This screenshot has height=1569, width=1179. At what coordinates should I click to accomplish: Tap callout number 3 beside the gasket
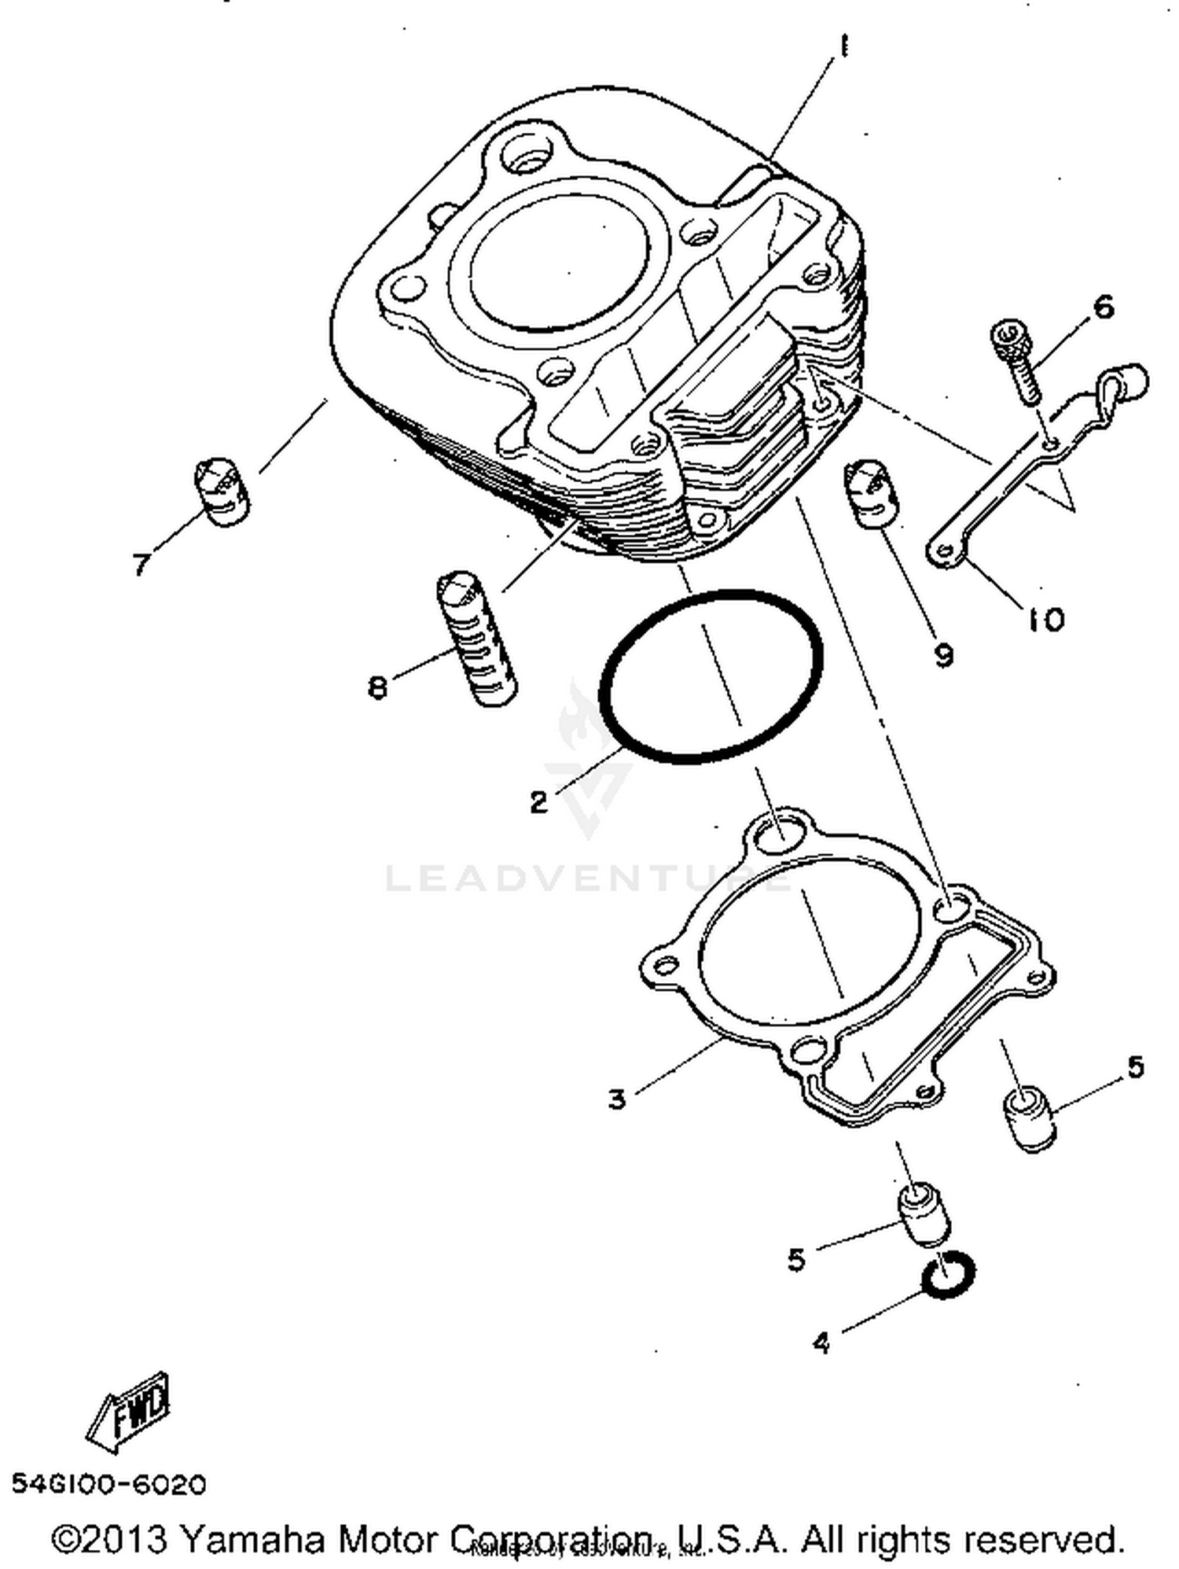(617, 1099)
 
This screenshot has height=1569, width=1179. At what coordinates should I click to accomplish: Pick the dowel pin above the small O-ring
(924, 1217)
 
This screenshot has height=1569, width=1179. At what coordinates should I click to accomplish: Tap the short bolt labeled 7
(222, 492)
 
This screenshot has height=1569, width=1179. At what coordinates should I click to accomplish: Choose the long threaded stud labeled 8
(476, 639)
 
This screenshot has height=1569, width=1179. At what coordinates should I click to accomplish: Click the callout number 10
(1045, 620)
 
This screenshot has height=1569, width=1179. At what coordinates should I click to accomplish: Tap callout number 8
(377, 688)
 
